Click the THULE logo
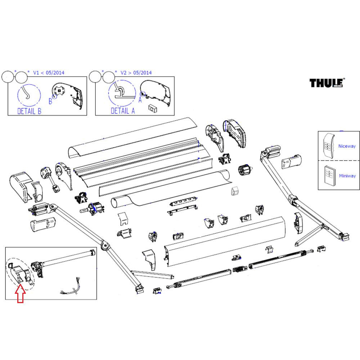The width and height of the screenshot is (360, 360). coord(327,83)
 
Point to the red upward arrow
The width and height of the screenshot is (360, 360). coord(20,293)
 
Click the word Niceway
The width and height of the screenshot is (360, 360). coord(347,146)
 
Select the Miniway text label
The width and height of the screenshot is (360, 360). coord(347,176)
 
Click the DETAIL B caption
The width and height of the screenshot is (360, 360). coord(30,111)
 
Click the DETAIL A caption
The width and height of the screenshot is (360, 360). coord(122,111)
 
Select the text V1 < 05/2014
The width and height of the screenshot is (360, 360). coord(49,73)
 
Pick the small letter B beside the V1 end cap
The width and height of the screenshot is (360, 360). coord(50,102)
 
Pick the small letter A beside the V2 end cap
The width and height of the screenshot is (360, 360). coord(140,100)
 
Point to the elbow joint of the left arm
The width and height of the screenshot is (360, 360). coord(105,246)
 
